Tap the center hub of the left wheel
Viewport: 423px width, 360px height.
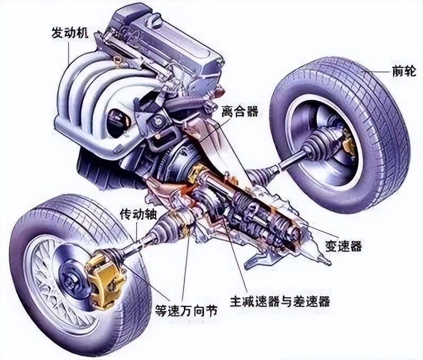(69, 278)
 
